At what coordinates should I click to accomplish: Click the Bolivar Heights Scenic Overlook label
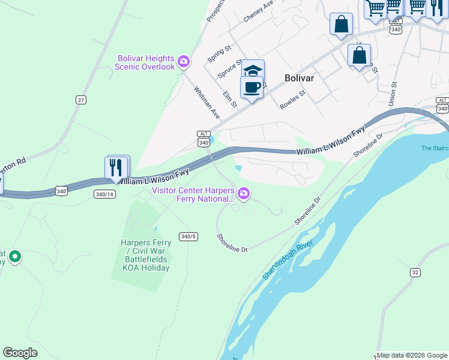(145, 62)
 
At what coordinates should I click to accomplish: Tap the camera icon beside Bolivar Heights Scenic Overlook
(184, 61)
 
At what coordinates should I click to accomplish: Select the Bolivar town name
(300, 78)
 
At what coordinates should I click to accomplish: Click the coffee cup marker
(252, 87)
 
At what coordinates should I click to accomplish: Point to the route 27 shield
(81, 100)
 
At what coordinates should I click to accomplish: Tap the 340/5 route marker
(188, 236)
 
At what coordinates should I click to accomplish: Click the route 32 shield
(415, 272)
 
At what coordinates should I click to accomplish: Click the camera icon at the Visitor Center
(244, 193)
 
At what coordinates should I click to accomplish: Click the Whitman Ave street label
(206, 101)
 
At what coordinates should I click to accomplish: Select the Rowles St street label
(293, 100)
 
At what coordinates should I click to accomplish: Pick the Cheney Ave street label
(258, 11)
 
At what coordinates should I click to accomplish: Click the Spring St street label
(219, 52)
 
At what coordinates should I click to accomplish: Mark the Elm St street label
(230, 99)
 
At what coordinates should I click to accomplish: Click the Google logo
(20, 353)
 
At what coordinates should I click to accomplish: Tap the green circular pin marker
(15, 257)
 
